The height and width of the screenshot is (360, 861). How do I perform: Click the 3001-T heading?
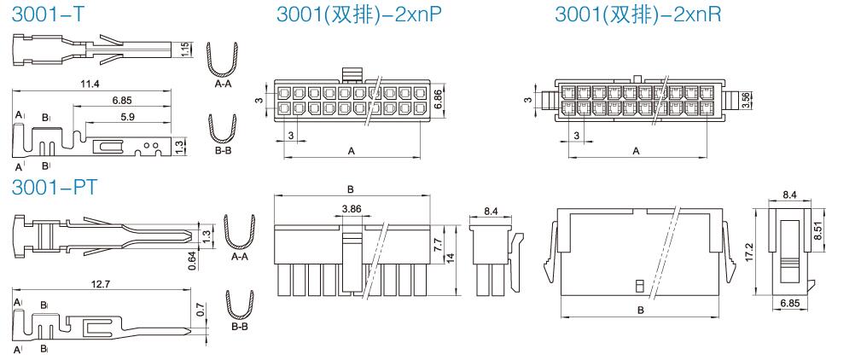click(48, 15)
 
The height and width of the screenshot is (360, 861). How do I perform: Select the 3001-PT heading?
click(55, 187)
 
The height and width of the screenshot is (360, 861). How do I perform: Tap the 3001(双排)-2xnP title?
click(359, 15)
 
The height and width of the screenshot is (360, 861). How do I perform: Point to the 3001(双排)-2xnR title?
click(637, 15)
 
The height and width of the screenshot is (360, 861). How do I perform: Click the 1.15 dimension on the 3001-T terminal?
click(185, 49)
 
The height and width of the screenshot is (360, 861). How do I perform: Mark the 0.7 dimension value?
click(200, 311)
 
